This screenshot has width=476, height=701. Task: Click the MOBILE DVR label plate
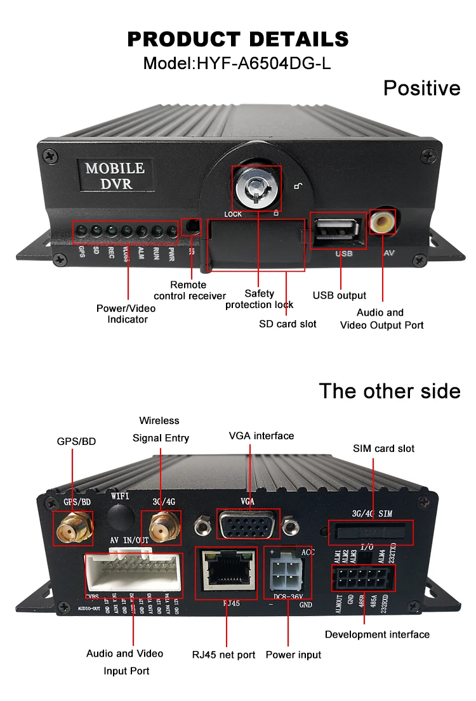tap(115, 176)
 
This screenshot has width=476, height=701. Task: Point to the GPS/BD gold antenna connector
tap(72, 529)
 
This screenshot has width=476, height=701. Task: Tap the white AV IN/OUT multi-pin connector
tap(133, 573)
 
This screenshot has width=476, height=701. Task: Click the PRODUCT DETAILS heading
tap(238, 39)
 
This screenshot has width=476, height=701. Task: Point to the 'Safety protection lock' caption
tap(260, 299)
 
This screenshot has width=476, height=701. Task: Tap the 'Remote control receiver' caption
tap(190, 290)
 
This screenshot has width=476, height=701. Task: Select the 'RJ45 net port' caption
tap(223, 654)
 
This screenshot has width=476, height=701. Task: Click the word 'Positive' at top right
tap(421, 87)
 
